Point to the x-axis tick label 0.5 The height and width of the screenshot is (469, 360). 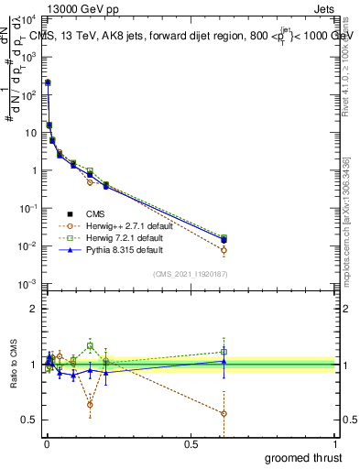[191, 443]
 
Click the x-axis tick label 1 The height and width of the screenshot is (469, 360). [337, 443]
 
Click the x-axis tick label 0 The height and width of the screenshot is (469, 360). [46, 443]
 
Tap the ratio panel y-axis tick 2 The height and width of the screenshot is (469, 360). [35, 309]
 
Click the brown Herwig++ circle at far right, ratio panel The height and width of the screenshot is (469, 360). [224, 413]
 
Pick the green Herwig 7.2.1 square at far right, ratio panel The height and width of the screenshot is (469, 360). [224, 352]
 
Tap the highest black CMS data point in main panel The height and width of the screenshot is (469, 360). [48, 82]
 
